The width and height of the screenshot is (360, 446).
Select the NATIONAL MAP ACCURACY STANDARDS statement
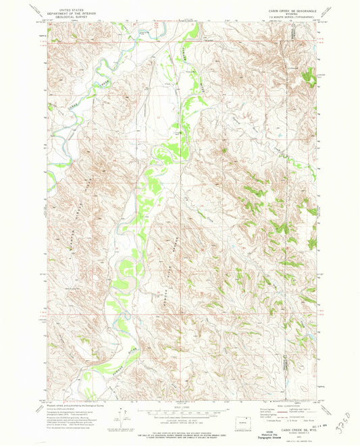(180, 432)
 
